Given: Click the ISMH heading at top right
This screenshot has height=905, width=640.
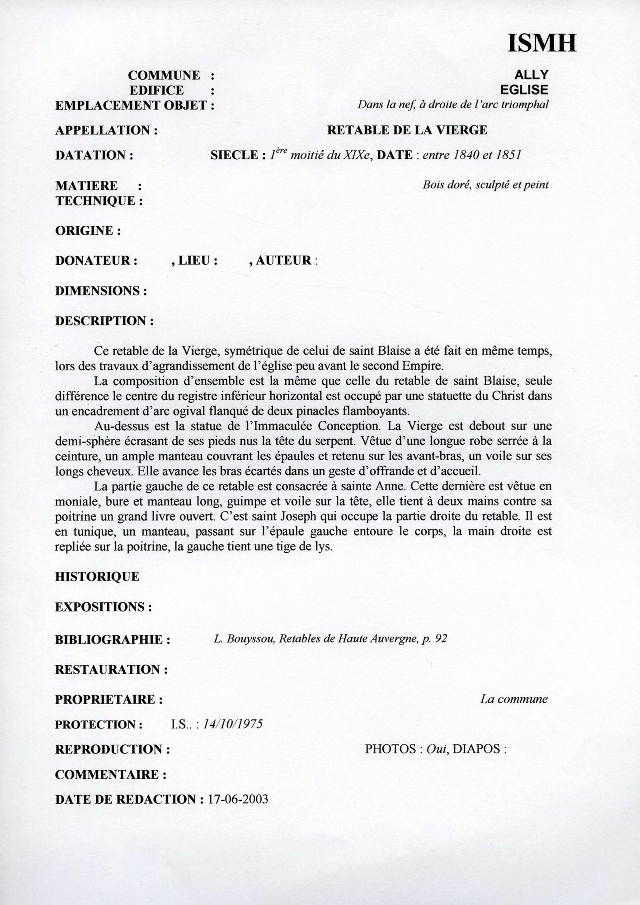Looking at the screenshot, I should point(542,43).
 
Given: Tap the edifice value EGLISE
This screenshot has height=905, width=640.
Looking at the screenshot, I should point(524,90).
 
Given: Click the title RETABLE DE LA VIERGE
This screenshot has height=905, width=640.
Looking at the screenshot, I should point(407,130).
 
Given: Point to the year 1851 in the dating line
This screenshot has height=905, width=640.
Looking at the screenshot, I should point(508,155).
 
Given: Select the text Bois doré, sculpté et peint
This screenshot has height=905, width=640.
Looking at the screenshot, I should point(485,185).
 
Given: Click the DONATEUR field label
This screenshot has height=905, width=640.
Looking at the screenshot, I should point(96,261).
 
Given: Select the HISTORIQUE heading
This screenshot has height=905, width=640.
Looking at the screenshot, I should point(97,577).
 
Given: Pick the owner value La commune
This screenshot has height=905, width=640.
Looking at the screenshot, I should point(513,699).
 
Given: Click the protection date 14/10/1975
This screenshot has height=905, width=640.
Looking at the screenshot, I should point(233,724).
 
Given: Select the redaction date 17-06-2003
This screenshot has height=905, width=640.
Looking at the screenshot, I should point(238,799).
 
